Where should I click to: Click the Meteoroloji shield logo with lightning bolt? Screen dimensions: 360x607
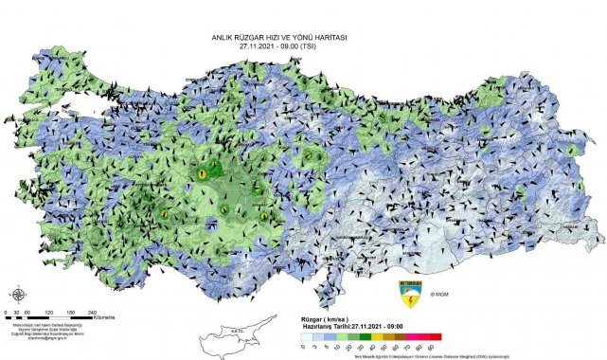tap(409, 295)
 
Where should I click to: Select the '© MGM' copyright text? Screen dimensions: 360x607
tap(440, 295)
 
